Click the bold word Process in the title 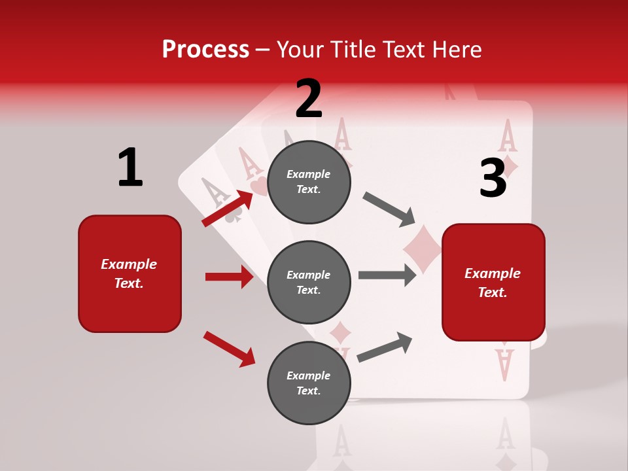coord(205,49)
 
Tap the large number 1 coord(130,167)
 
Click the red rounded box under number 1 coord(130,273)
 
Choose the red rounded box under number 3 coord(493,282)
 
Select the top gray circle coord(309,182)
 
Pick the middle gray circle coord(309,282)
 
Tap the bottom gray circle coord(309,383)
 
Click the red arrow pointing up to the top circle coord(228,209)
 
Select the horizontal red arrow coord(229,277)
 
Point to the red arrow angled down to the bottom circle coord(229,349)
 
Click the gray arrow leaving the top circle coord(389,209)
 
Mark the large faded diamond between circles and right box coord(422,249)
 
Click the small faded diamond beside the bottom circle coord(340,333)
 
